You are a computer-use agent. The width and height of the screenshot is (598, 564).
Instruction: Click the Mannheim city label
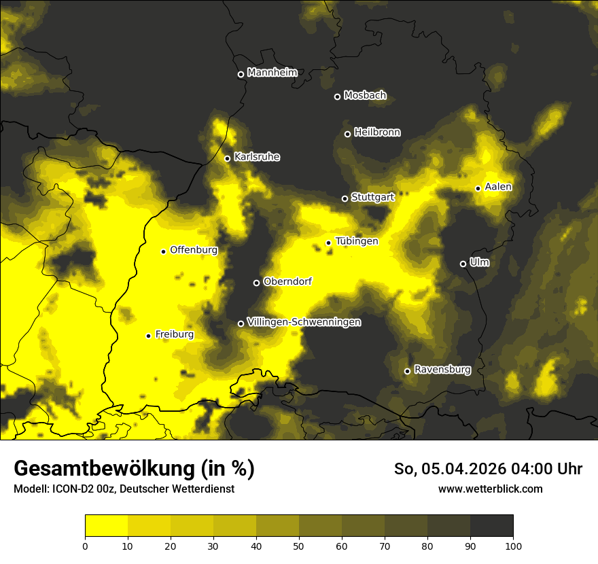coord(272,73)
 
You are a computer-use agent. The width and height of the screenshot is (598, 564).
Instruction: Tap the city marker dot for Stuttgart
coord(345,198)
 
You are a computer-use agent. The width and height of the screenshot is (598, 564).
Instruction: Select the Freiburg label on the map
coord(174,334)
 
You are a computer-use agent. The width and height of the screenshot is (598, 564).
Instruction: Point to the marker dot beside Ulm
coord(463,264)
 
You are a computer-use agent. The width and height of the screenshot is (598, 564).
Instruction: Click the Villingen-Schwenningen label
coord(304,322)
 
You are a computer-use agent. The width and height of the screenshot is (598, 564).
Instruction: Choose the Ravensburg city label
coord(442,370)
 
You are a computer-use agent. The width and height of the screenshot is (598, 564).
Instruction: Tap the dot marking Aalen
coord(478,188)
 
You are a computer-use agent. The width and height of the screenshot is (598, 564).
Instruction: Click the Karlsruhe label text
coord(256,157)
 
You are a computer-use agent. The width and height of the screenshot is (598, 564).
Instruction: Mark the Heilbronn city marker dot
coord(347,134)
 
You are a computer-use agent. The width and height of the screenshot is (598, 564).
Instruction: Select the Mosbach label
coord(364,96)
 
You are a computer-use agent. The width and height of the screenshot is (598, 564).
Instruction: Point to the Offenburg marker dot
coord(163,251)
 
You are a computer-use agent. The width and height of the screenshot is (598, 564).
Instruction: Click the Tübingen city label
coord(356,241)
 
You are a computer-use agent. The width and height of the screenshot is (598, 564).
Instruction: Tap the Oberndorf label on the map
coord(287,281)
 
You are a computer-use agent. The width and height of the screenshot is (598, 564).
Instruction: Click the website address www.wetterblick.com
coord(490,489)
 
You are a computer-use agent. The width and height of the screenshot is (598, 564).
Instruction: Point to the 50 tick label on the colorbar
coord(299,545)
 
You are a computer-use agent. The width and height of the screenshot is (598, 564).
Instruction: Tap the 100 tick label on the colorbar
coord(513,545)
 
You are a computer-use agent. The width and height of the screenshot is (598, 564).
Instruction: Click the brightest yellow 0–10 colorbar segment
coord(106,525)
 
